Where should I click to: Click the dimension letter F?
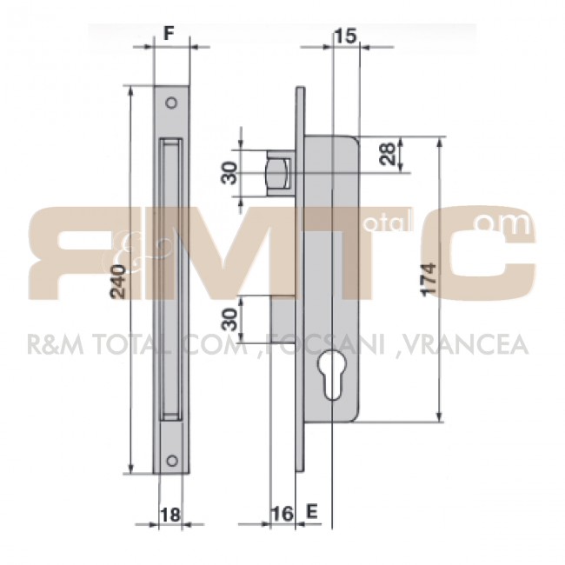click(169, 33)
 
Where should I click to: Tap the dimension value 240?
click(118, 282)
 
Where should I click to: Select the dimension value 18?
click(170, 515)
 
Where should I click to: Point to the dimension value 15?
click(345, 36)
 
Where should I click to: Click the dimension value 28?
click(388, 154)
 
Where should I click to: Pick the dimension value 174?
click(429, 280)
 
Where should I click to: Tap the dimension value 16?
click(282, 514)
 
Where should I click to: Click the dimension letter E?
click(312, 511)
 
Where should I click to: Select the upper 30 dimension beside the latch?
click(229, 173)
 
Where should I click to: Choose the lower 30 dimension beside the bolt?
click(229, 320)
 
